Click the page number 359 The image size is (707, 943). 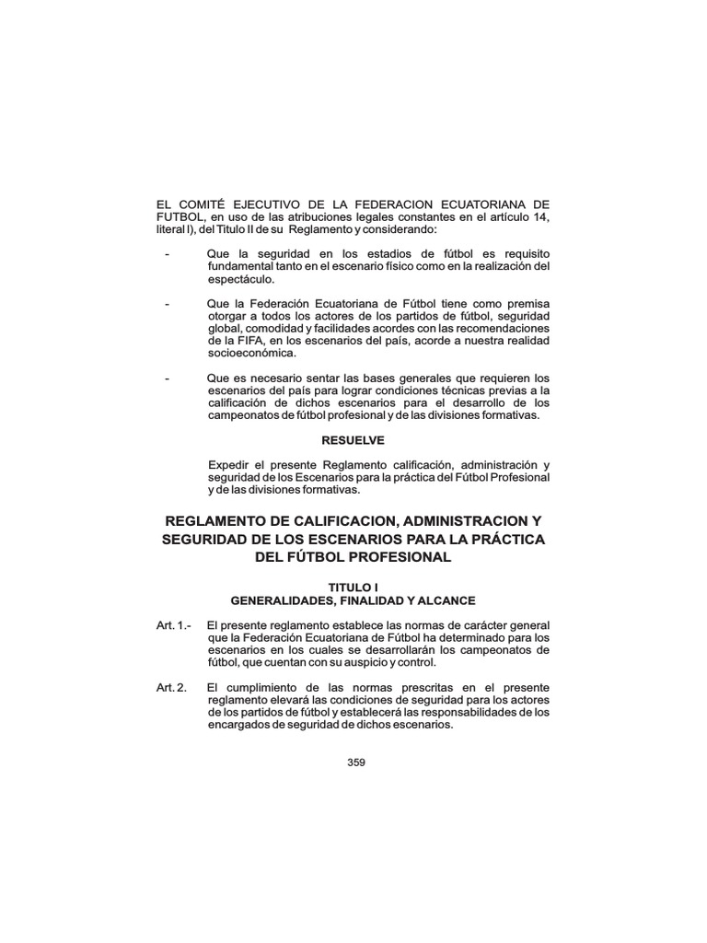(x=357, y=761)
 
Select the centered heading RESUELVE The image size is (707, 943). (x=353, y=440)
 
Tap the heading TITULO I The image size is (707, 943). (x=353, y=587)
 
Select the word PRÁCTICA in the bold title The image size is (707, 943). (x=501, y=538)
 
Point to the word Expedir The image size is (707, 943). (x=228, y=466)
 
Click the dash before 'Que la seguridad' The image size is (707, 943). (x=166, y=253)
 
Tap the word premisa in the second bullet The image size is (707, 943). (x=527, y=303)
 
